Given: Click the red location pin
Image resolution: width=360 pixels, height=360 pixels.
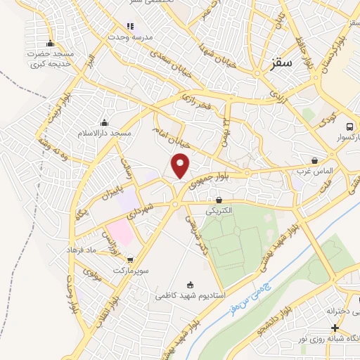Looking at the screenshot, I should (181, 166).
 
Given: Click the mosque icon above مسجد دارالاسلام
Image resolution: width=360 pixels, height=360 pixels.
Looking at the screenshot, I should (104, 122).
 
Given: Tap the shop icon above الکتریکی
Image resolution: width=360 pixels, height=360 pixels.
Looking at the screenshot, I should (218, 200).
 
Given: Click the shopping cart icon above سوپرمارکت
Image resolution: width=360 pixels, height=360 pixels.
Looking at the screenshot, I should (129, 259).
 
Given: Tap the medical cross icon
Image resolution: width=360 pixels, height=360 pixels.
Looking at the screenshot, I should (335, 328).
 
